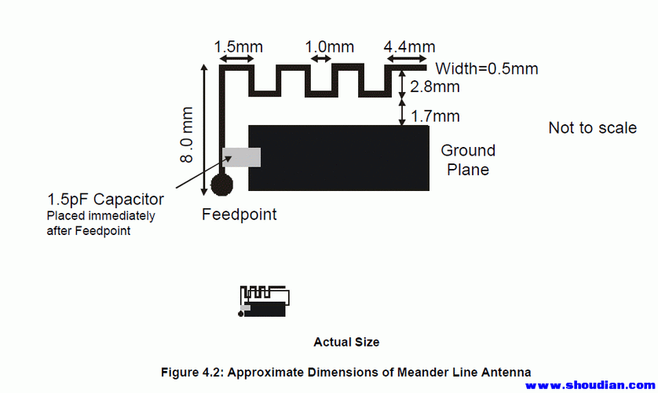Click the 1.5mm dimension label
point(239,46)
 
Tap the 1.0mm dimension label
point(330,46)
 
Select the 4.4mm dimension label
point(409,46)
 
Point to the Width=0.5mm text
point(487,69)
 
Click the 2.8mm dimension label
point(435,87)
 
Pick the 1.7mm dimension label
point(435,116)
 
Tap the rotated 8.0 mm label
point(186,134)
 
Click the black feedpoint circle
point(222,185)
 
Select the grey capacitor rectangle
point(241,157)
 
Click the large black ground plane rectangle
point(338,158)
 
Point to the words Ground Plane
point(468,160)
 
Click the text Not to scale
point(593,127)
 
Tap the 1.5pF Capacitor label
point(105,199)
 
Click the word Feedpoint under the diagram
point(239,215)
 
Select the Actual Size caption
point(346,342)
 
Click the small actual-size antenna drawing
point(264,301)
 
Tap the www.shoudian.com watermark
point(590,385)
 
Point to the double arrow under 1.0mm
point(321,59)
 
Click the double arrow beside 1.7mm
point(401,112)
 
